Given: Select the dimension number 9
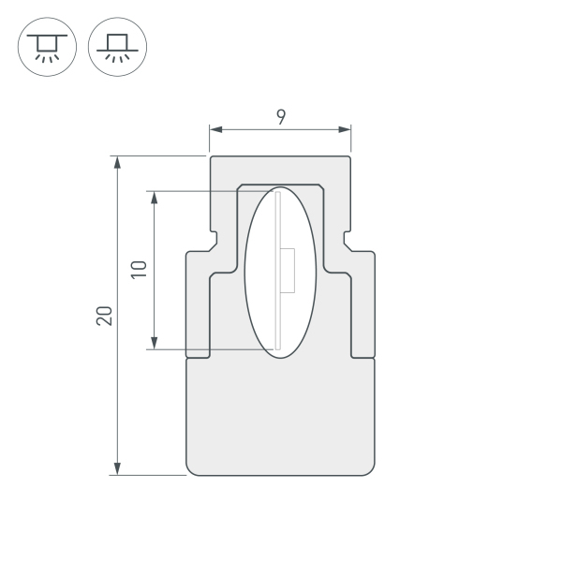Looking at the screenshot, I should click(281, 116).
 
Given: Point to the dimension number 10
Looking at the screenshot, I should click(139, 270).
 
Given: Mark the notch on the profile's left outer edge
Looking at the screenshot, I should click(214, 240).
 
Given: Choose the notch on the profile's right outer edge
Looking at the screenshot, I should click(348, 240).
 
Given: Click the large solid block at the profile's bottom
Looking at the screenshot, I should click(281, 417).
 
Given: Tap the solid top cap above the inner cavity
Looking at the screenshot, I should click(281, 170).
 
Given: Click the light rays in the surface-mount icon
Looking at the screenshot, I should click(117, 57).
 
